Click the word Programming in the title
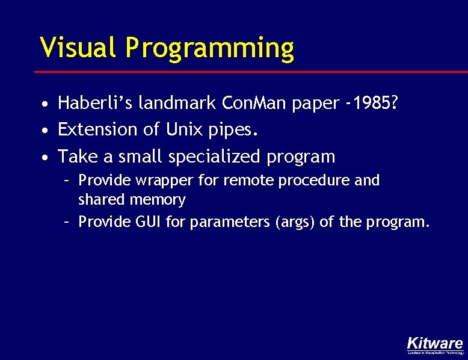pyautogui.click(x=210, y=48)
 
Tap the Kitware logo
pyautogui.click(x=435, y=344)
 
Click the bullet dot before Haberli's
pyautogui.click(x=45, y=105)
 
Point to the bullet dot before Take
pyautogui.click(x=45, y=158)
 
